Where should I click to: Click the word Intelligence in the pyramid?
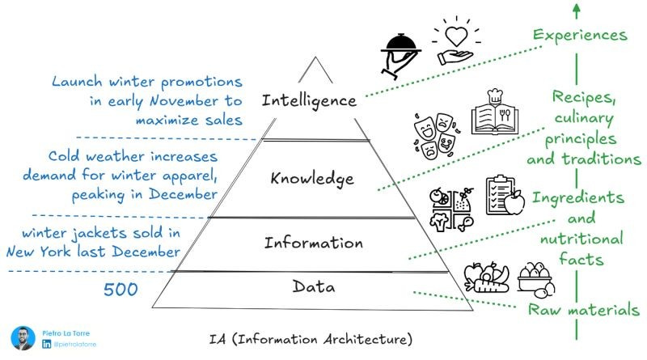308,100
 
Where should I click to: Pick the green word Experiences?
580,35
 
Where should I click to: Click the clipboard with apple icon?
505,195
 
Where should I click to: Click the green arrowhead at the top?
575,9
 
